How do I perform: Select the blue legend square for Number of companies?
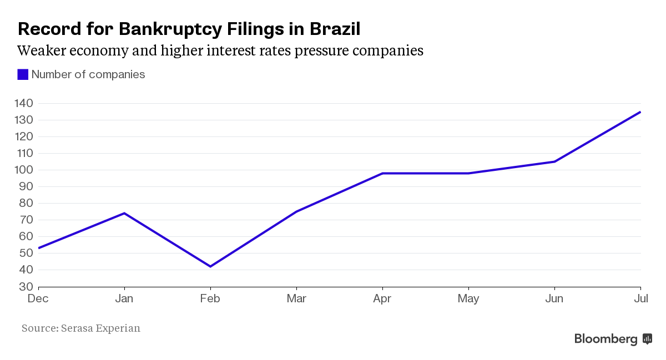coord(23,74)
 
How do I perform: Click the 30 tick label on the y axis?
coord(27,287)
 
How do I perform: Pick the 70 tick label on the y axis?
coord(27,220)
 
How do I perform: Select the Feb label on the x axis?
coord(210,299)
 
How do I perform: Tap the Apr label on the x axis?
coord(382,299)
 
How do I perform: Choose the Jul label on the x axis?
coord(640,299)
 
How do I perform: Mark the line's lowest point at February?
coord(210,266)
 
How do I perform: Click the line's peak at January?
coord(124,213)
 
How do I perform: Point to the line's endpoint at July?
coord(640,112)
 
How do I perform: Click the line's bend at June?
coord(554,161)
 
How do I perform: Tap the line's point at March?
coord(296,211)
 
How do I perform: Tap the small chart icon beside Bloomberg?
coord(647,338)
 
